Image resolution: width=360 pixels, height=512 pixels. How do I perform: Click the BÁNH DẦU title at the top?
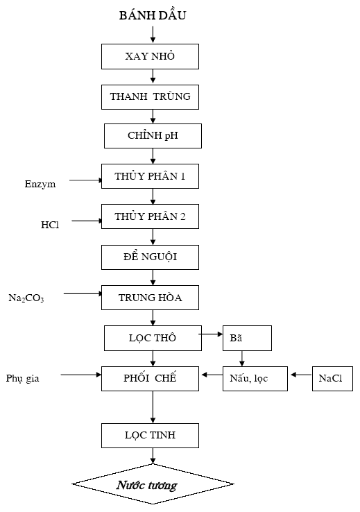[x=153, y=15]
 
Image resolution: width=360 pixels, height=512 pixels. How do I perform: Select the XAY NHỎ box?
[x=150, y=56]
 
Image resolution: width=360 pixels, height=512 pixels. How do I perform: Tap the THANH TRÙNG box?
[x=150, y=97]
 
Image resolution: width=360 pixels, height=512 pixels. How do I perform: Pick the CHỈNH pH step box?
[x=153, y=136]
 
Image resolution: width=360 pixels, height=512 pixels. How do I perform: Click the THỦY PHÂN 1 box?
[x=150, y=176]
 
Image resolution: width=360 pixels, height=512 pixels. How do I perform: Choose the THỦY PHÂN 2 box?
[x=150, y=216]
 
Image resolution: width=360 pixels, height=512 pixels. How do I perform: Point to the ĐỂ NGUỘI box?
[x=150, y=257]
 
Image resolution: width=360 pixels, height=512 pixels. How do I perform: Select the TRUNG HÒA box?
[x=150, y=298]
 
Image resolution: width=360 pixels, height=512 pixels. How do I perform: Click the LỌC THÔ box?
[x=153, y=338]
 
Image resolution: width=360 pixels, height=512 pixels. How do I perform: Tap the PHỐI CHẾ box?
[x=150, y=378]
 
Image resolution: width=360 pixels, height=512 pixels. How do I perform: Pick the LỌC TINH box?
[x=150, y=436]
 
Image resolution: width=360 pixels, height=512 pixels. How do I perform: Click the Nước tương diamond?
[x=153, y=484]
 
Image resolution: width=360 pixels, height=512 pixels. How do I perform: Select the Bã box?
[x=247, y=338]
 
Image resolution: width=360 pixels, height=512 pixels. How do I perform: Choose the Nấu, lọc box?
[x=255, y=378]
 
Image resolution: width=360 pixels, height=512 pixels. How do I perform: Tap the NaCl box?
[x=332, y=378]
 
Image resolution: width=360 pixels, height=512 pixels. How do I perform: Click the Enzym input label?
[x=40, y=184]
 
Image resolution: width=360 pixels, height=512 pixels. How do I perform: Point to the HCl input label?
[x=50, y=225]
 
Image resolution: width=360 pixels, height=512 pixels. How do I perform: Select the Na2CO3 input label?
[x=26, y=298]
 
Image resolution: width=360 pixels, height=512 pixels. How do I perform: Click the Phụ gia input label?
[x=22, y=378]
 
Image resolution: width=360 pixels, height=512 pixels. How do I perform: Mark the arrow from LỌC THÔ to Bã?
[x=210, y=334]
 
